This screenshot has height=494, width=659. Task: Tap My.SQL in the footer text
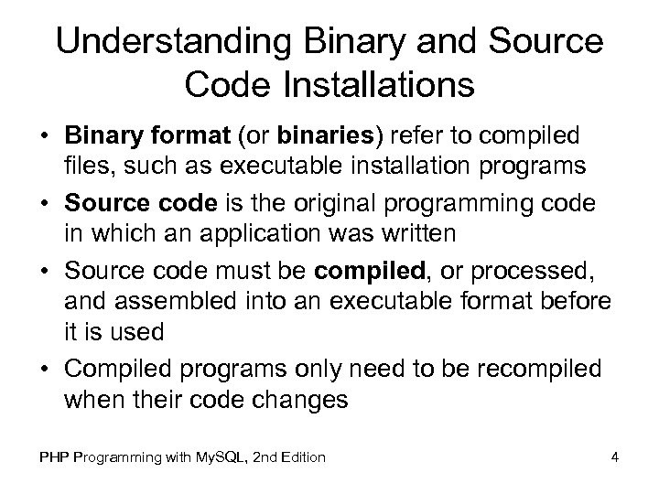point(210,456)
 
